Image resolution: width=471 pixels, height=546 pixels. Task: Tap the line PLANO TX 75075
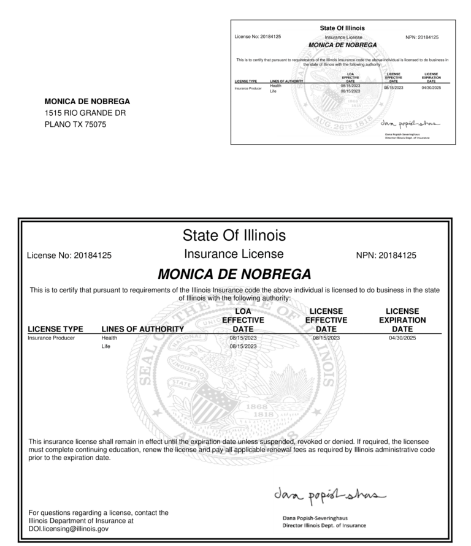tap(75, 124)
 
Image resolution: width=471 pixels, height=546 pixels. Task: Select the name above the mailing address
tap(87, 101)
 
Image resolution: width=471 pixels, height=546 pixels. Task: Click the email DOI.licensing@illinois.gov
tap(69, 528)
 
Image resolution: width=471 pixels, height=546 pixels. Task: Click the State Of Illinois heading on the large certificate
tap(234, 235)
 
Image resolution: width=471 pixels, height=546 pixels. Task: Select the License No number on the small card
tap(270, 37)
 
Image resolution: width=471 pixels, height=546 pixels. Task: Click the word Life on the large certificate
tap(106, 346)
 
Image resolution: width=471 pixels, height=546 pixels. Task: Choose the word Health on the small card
tap(275, 86)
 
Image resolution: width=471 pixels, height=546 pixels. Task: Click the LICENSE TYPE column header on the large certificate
tap(55, 329)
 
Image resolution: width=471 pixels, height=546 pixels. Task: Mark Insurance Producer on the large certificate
tap(52, 338)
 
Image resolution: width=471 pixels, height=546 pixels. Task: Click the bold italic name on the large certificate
tap(234, 273)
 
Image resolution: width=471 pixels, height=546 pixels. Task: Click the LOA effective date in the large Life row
tap(243, 346)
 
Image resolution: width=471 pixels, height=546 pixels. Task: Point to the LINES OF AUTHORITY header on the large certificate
tap(142, 329)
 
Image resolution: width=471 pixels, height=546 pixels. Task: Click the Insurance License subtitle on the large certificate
tap(234, 254)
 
